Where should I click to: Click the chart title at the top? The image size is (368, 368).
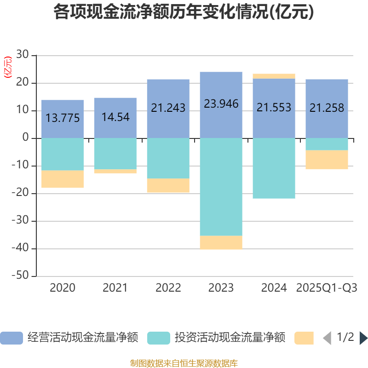coord(184,12)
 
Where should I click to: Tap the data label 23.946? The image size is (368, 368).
coord(221,104)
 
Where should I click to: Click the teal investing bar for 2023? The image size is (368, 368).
coord(221,186)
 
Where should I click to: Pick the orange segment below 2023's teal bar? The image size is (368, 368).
coord(221,242)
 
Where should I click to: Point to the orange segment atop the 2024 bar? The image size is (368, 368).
coord(274,76)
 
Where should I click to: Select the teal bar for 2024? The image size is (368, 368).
coord(274,168)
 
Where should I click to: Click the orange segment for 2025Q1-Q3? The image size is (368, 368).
coord(327,160)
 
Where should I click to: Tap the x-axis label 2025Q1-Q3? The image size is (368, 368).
coord(327,288)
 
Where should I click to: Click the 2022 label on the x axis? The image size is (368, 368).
coord(168,288)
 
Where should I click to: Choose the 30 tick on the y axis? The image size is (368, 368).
coord(23,55)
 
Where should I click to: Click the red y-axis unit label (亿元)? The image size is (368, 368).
coord(8,68)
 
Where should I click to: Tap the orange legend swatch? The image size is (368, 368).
coord(304,338)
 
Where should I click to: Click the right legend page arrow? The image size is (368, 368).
coord(363,338)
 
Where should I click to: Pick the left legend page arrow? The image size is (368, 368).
coord(327,338)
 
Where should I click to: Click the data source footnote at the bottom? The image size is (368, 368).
coord(184,363)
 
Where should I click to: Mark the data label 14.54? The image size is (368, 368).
coord(115,117)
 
